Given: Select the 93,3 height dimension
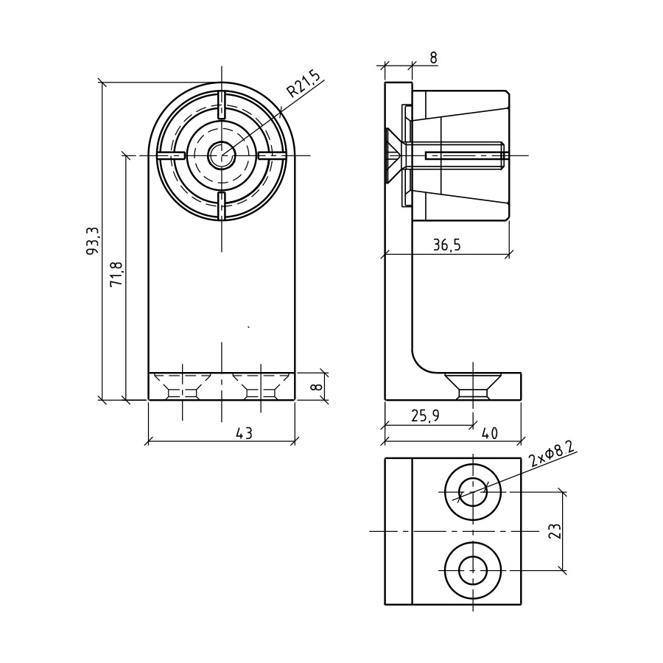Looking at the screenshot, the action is (x=92, y=241).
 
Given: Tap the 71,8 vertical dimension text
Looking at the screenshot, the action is (x=116, y=273).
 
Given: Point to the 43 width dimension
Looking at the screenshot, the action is (x=245, y=433).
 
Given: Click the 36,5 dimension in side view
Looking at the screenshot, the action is (x=446, y=245).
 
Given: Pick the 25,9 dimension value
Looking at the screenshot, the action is (x=425, y=416).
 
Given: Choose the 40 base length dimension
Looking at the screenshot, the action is (x=489, y=433).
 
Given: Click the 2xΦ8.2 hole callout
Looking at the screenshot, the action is (x=552, y=456).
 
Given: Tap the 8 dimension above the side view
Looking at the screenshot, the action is (x=433, y=58).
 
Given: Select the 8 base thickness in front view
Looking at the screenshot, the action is (x=319, y=387).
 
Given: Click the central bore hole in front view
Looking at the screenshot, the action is (x=221, y=155).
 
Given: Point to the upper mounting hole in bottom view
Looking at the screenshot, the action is (x=473, y=492).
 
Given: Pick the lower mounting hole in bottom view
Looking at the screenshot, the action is (x=473, y=570).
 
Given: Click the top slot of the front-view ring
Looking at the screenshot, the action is (x=221, y=105).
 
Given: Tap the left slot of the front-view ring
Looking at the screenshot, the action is (x=171, y=155).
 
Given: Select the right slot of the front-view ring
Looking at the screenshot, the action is (x=271, y=155).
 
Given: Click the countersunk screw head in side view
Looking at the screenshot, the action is (x=393, y=155).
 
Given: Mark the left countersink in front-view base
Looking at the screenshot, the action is (x=182, y=385).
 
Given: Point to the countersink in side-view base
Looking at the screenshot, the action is (x=473, y=385).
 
